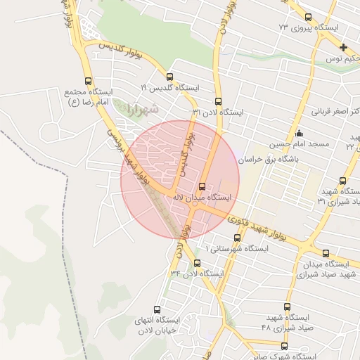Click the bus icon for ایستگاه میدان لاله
(202, 186)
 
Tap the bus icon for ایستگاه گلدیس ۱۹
(169, 77)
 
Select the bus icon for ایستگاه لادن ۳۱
(217, 101)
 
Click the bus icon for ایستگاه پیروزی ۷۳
(308, 17)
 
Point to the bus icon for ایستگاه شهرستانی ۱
(236, 238)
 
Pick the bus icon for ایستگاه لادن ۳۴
(196, 263)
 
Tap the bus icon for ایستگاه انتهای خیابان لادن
(157, 309)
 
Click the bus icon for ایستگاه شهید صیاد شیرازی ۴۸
(287, 307)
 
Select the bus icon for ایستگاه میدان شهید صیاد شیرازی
(325, 253)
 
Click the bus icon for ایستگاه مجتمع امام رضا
(87, 81)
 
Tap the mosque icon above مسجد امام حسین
(300, 133)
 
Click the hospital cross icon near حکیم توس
(343, 48)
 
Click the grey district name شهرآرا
(143, 110)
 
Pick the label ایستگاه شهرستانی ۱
(236, 249)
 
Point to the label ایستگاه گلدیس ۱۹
(169, 89)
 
